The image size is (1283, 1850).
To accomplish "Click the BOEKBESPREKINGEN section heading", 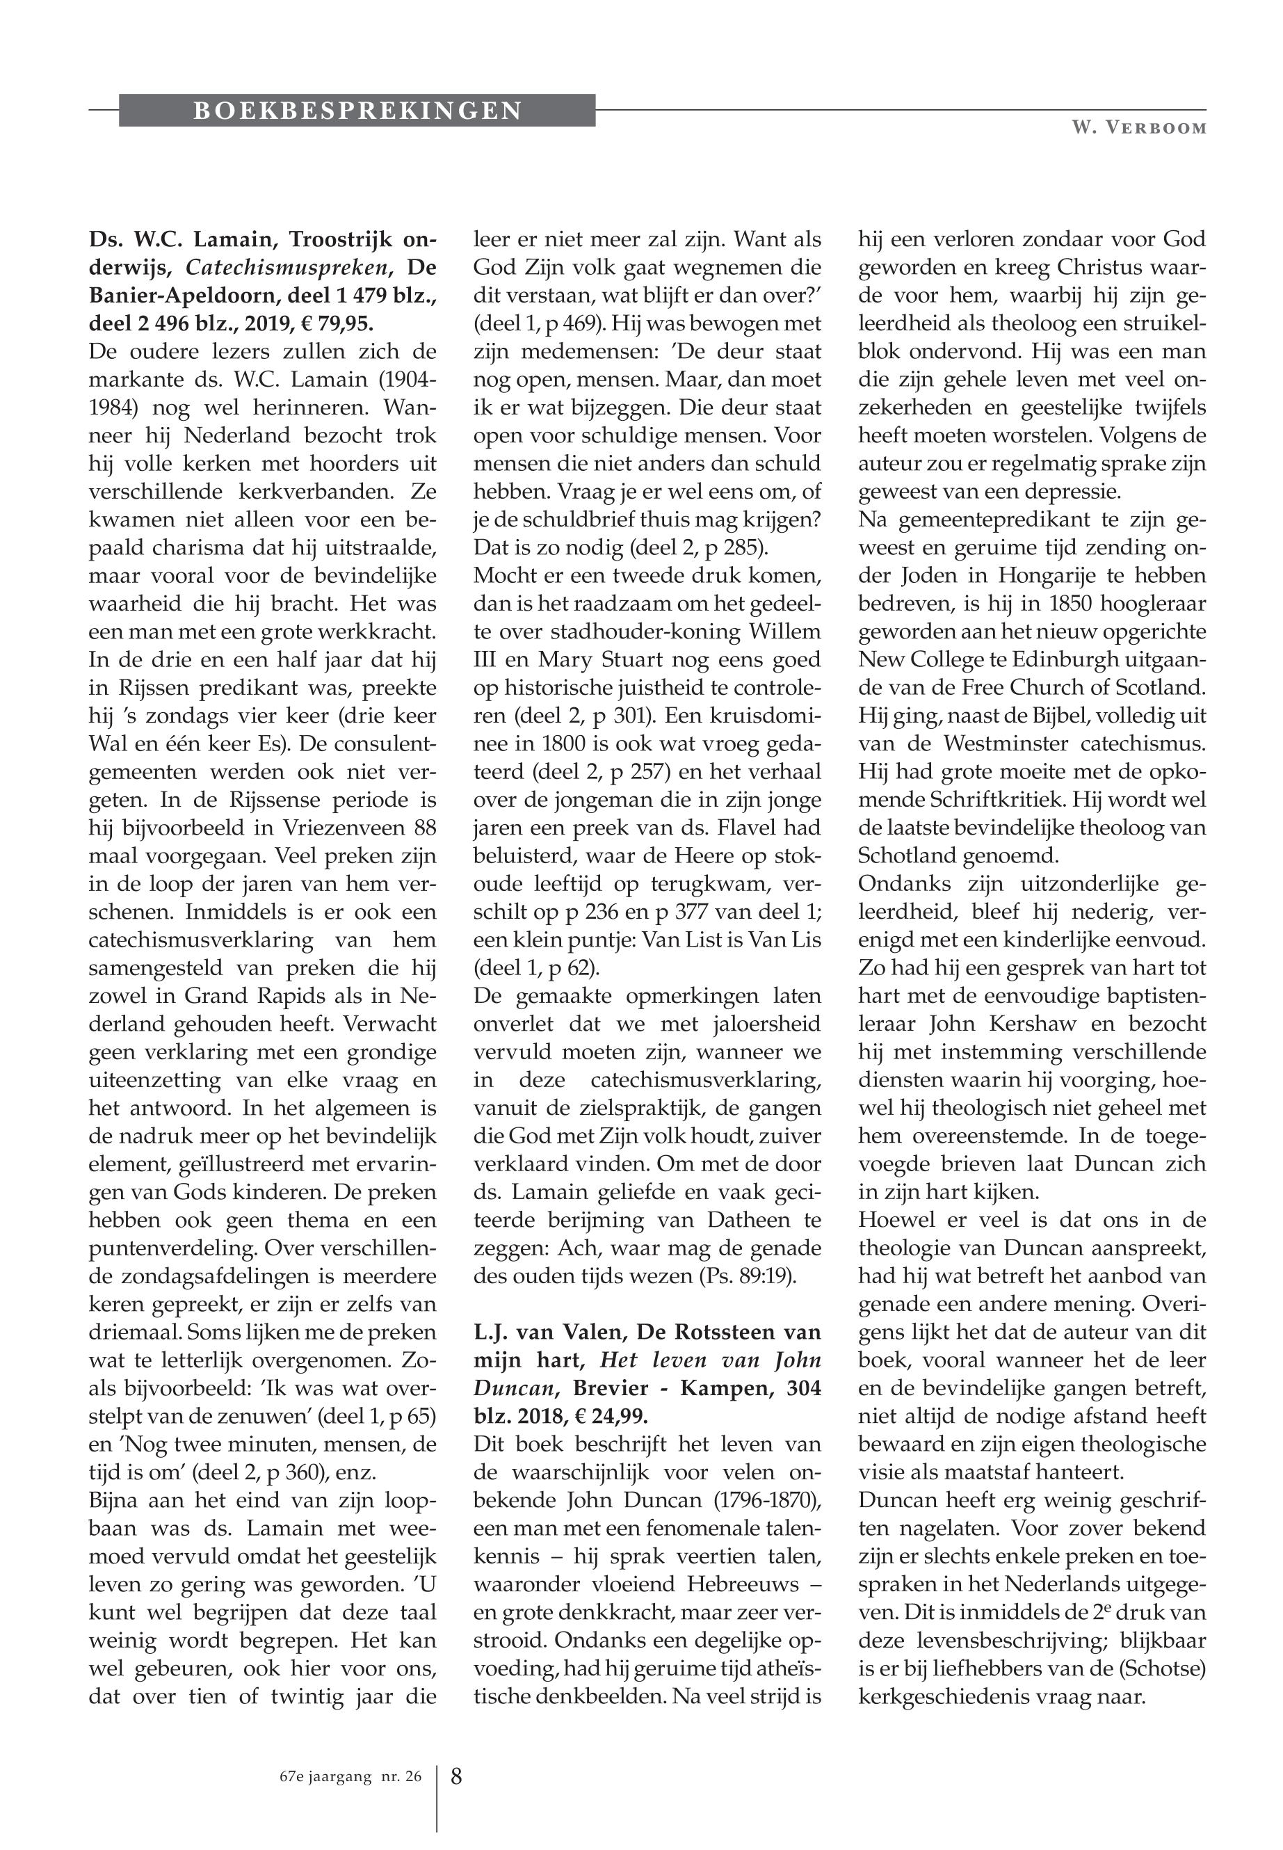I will point(357,110).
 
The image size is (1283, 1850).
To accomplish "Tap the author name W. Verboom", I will point(1138,129).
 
